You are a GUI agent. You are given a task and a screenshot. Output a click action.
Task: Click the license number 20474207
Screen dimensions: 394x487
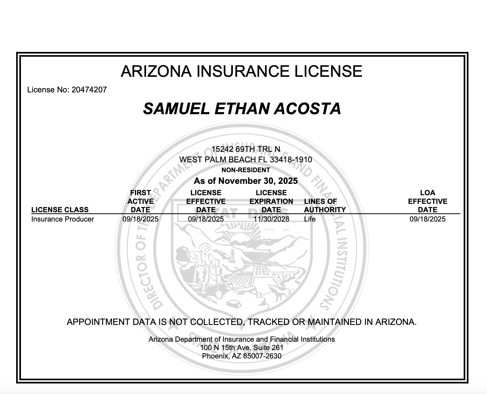click(x=89, y=90)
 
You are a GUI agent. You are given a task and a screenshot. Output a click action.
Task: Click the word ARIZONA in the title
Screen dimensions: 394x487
click(x=156, y=71)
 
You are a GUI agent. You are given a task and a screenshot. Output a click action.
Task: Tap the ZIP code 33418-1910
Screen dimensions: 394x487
click(x=291, y=160)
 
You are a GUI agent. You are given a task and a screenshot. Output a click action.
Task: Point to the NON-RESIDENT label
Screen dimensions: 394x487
click(x=246, y=170)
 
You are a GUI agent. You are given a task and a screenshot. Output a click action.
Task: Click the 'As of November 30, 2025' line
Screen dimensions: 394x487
click(x=246, y=181)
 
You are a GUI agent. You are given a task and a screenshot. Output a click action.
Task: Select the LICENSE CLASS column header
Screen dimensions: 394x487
click(x=60, y=210)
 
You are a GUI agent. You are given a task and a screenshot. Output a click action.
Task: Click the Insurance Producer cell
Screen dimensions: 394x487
click(x=63, y=219)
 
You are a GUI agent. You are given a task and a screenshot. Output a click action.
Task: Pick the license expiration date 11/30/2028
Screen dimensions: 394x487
click(x=271, y=219)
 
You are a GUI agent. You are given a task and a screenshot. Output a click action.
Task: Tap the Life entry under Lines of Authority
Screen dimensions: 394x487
click(x=310, y=219)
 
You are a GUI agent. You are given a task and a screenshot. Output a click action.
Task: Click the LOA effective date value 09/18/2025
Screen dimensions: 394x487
click(x=427, y=219)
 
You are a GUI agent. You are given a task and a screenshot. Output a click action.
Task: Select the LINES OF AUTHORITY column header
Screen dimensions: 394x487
click(x=325, y=206)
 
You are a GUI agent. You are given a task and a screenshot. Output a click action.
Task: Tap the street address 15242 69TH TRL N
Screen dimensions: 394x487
click(x=246, y=149)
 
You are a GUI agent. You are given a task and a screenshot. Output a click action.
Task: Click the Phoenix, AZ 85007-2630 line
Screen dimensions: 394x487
click(x=242, y=356)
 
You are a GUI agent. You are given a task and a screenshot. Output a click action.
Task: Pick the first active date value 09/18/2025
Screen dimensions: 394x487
click(x=140, y=219)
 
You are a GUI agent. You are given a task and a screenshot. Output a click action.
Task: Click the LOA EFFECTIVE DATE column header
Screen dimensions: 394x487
click(x=427, y=201)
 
